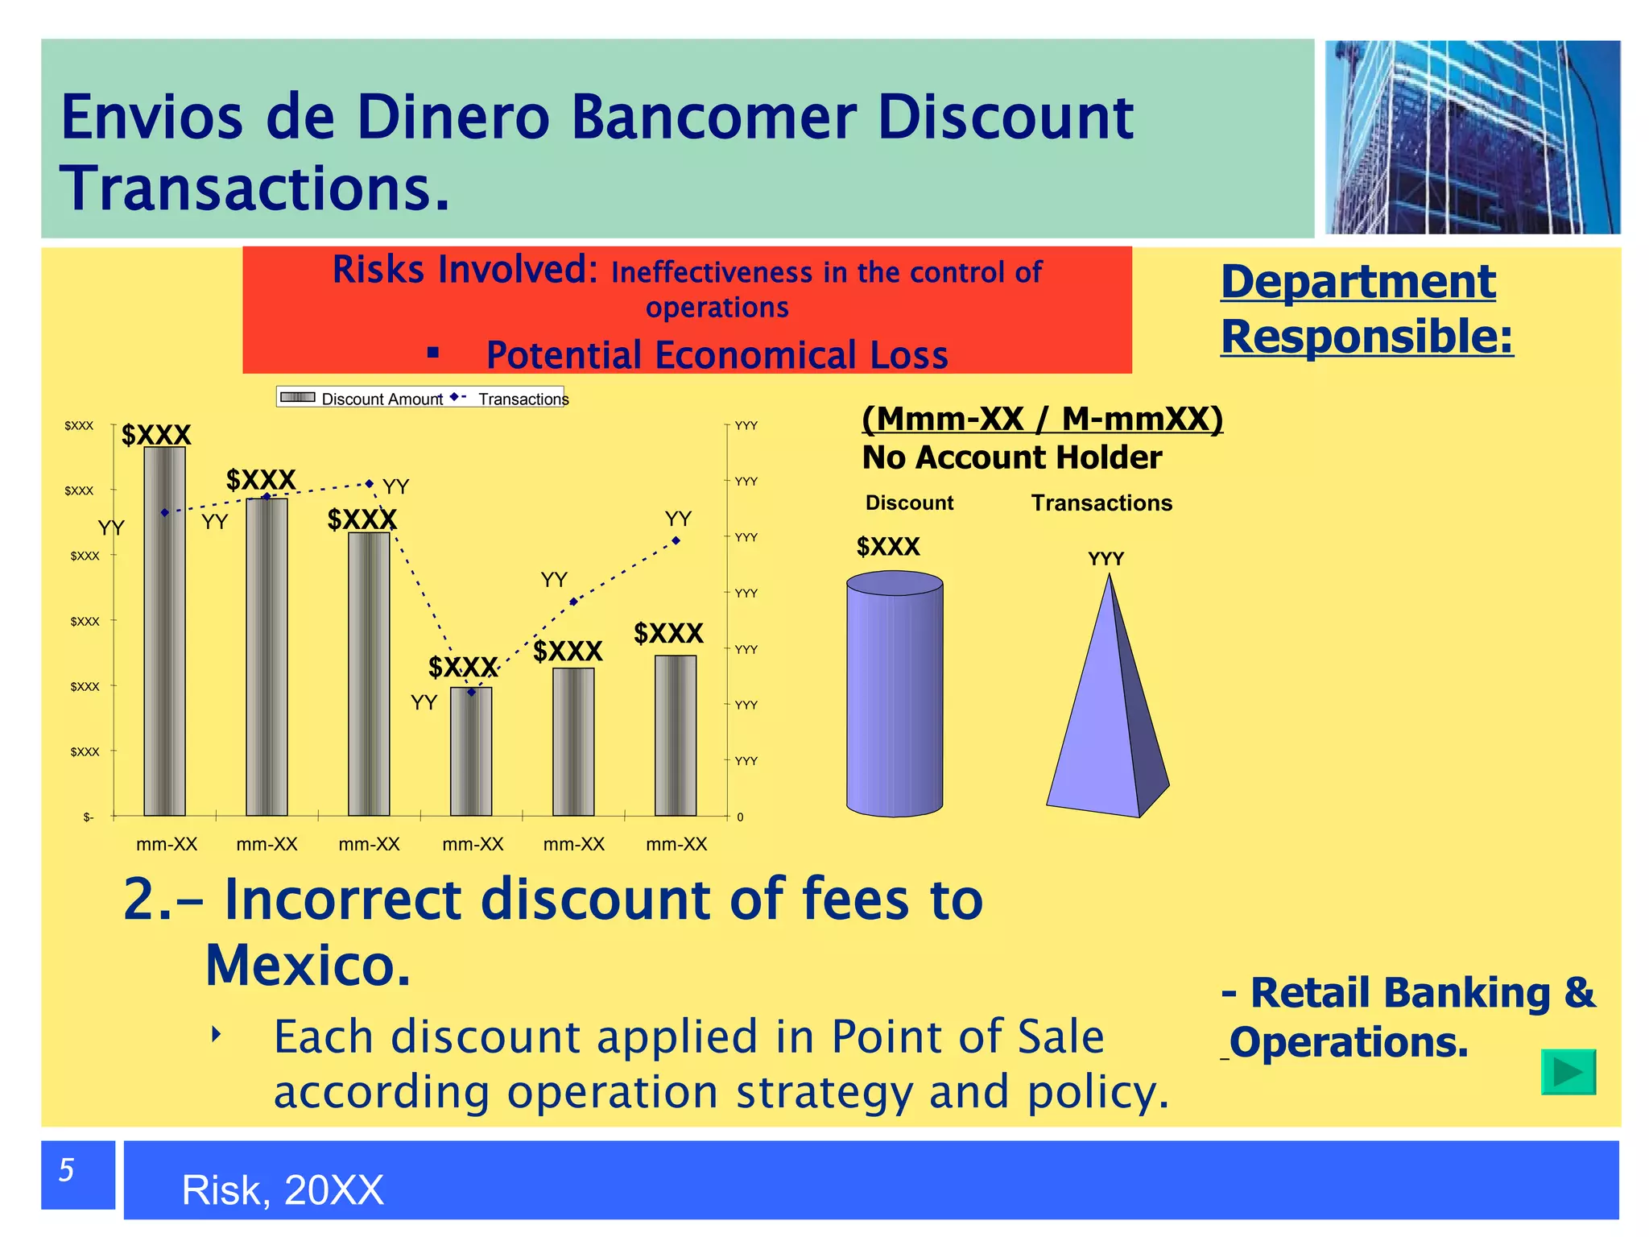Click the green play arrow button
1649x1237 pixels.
coord(1568,1072)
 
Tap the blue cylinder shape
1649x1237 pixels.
coord(894,694)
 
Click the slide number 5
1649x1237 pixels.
coord(68,1170)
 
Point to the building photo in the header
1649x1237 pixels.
coord(1472,137)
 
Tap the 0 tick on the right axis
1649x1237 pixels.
coord(740,817)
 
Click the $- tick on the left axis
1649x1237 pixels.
coord(88,817)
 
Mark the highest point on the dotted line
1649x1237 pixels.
coord(370,484)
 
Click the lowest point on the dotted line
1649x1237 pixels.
coord(472,692)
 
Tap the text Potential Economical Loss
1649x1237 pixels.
coord(717,355)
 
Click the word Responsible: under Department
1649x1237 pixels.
coord(1366,337)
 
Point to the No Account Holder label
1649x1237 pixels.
coord(1011,457)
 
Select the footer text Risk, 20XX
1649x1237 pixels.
coord(283,1190)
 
